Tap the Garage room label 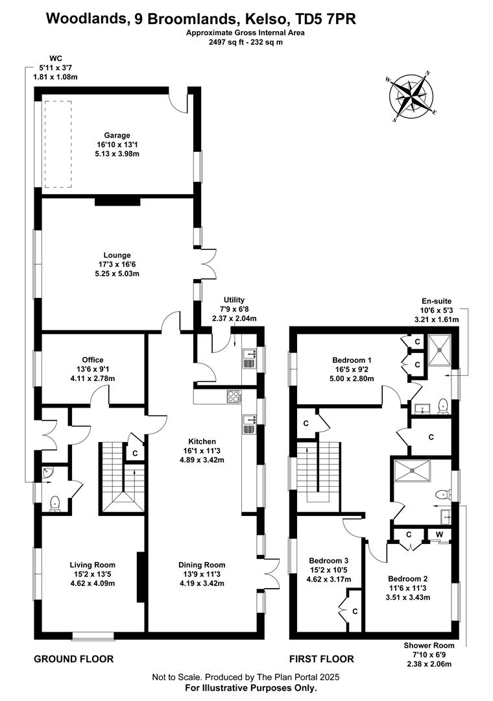click(x=117, y=135)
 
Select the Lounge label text click(x=117, y=255)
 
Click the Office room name click(x=93, y=360)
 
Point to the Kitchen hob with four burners click(x=234, y=397)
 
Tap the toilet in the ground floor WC click(x=55, y=504)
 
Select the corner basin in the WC click(x=47, y=473)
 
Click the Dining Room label click(x=202, y=565)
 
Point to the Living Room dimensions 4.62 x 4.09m click(x=93, y=583)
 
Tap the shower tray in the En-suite click(x=440, y=350)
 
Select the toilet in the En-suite click(x=443, y=405)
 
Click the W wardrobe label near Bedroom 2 click(x=439, y=534)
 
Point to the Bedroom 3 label click(x=328, y=561)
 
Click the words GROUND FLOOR click(x=74, y=659)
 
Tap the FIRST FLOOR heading click(x=321, y=659)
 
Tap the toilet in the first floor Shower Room click(x=442, y=494)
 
